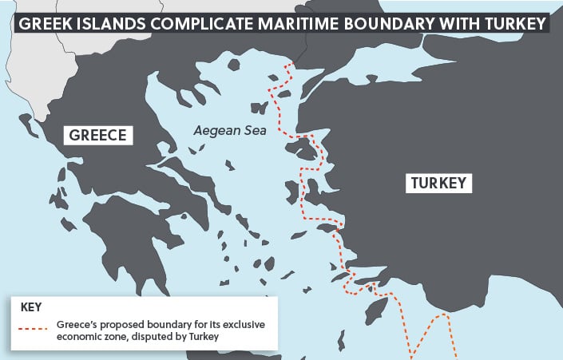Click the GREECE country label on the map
(98, 135)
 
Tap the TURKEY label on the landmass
(438, 183)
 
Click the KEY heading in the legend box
(30, 307)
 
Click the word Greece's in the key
(77, 326)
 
